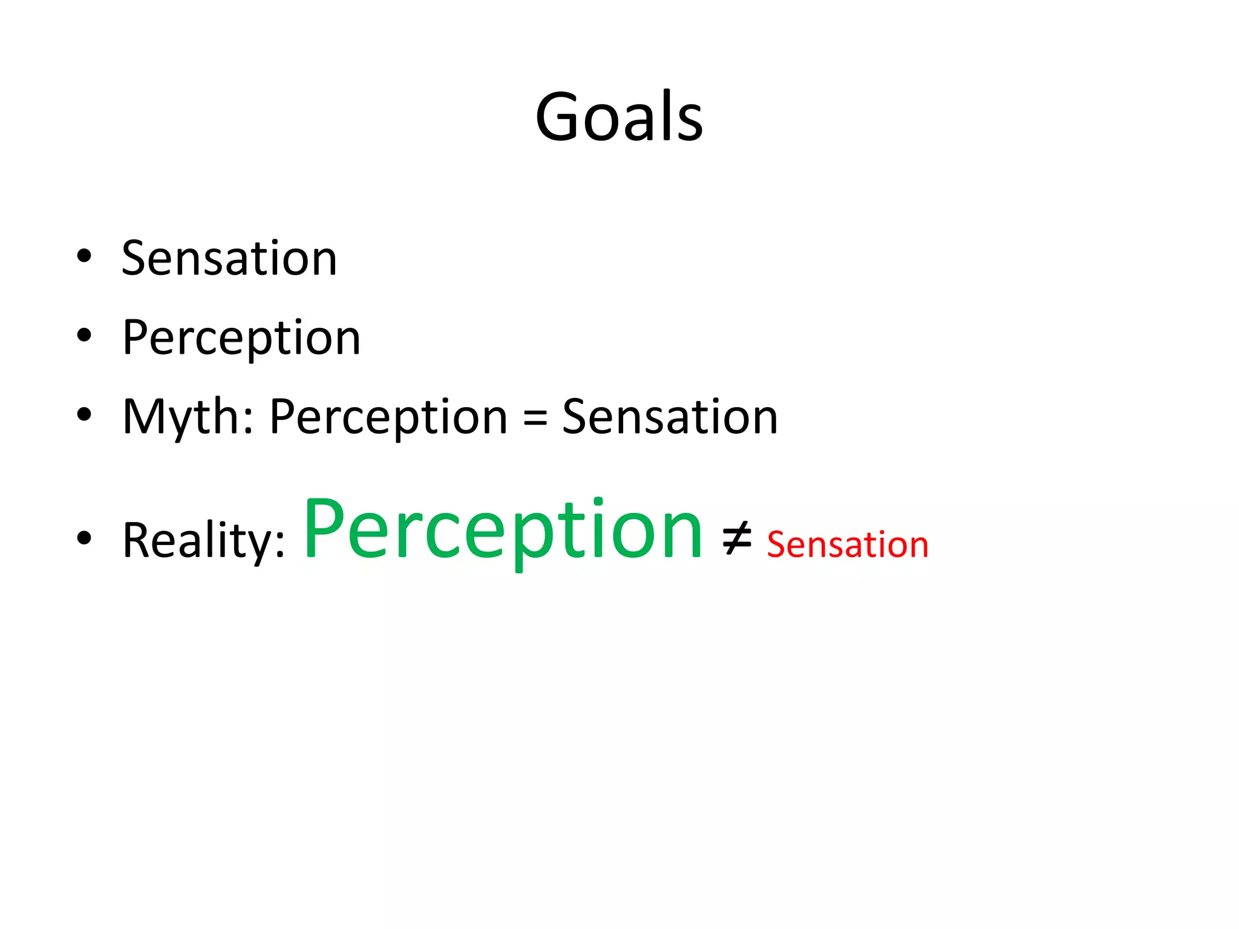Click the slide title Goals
619,116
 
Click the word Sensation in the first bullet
229,258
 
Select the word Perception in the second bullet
241,337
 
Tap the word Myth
180,417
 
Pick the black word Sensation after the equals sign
670,417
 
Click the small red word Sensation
848,544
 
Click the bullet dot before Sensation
84,256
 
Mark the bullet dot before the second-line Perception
84,335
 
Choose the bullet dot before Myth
84,414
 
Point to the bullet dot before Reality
84,538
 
